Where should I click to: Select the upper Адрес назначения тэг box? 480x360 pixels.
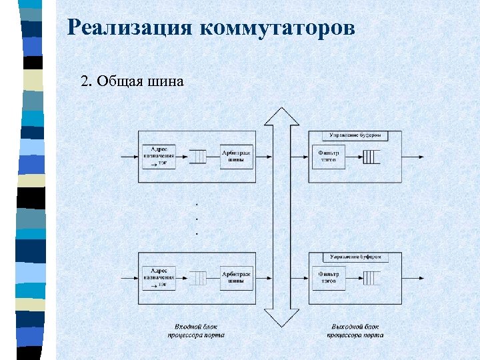(159, 156)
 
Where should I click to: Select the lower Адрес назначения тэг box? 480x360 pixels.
(159, 277)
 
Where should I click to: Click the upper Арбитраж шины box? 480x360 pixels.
(237, 156)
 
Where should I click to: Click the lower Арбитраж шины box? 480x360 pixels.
(237, 277)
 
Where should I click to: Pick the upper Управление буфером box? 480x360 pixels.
(355, 135)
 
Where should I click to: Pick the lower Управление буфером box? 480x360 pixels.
(355, 257)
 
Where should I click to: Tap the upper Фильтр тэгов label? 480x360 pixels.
(329, 156)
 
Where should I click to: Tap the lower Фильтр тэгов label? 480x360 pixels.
(329, 277)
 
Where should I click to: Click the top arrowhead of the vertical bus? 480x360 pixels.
(281, 116)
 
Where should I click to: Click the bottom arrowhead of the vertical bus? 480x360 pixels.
(281, 319)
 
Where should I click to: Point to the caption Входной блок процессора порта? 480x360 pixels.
(196, 331)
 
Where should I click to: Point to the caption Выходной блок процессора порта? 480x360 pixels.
(355, 331)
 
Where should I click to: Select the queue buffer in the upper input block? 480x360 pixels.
(197, 157)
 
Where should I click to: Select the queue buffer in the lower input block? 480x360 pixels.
(197, 278)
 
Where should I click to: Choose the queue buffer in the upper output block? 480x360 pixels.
(371, 157)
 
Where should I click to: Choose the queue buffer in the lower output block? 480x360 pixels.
(371, 278)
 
